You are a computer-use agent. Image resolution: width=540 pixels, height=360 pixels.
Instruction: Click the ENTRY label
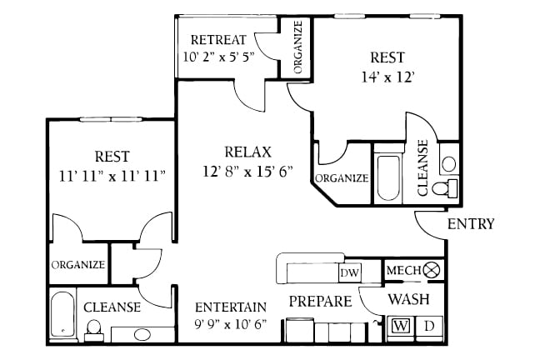pos(471,223)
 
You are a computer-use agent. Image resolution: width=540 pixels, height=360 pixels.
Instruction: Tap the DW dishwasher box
pos(349,272)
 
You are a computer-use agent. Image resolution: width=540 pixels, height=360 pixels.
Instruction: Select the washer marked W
pos(401,325)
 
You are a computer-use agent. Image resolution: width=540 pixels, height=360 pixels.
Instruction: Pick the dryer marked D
pos(429,325)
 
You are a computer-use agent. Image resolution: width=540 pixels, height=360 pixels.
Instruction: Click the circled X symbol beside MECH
pos(431,270)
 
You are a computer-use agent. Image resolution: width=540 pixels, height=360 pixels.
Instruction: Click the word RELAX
pos(247,152)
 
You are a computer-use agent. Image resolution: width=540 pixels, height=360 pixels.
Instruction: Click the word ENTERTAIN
pos(230,306)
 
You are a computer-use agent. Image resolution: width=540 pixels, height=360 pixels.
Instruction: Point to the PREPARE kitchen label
pos(320,301)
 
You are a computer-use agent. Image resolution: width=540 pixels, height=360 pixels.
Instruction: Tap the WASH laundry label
pos(409,298)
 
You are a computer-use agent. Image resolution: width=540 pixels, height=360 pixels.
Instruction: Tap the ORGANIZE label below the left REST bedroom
pos(77,265)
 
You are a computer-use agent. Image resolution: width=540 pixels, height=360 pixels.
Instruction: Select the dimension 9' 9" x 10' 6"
pos(230,323)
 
